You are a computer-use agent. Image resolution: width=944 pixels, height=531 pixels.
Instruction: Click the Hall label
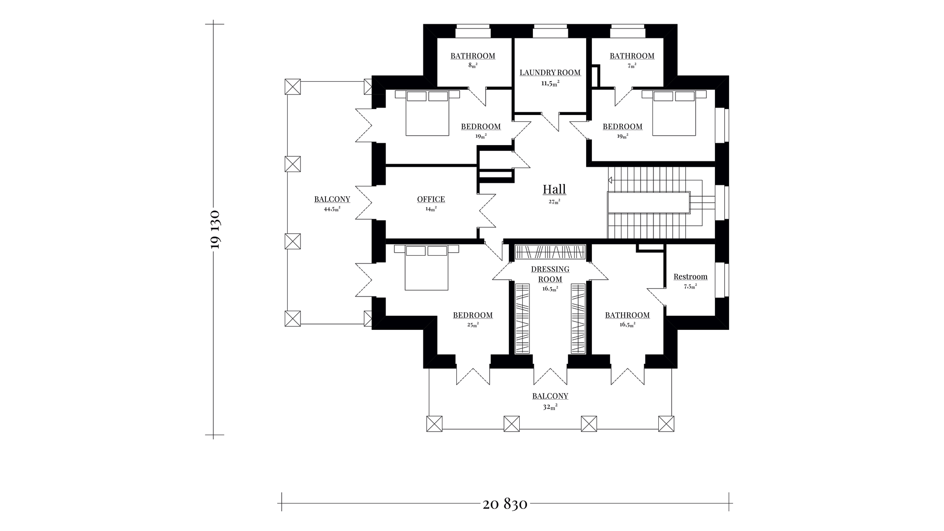[554, 189]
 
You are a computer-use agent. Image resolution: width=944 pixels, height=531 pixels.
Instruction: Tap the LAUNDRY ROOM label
[550, 73]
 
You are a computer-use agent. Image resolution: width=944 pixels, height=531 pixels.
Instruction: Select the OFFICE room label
[431, 199]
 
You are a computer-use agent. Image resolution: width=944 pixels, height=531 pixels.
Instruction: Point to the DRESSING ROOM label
[550, 274]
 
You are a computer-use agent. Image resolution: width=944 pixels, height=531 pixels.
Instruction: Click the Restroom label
[690, 277]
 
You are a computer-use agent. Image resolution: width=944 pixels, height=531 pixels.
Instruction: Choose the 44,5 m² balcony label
[332, 200]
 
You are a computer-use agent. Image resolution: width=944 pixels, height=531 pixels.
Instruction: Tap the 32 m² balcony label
[550, 396]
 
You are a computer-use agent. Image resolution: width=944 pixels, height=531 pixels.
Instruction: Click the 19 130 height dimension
[215, 230]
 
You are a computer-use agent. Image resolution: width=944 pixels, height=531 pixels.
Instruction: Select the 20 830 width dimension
[505, 504]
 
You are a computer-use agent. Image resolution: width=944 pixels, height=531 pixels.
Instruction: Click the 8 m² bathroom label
[473, 56]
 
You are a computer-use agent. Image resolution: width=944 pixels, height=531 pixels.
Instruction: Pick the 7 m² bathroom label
[632, 56]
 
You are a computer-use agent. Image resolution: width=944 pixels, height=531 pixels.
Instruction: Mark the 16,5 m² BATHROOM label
[627, 315]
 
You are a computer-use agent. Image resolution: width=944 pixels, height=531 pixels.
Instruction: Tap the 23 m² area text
[472, 324]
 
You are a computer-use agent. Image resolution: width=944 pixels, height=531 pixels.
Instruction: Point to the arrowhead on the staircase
[611, 180]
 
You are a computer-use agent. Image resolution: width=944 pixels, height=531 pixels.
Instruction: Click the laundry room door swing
[550, 121]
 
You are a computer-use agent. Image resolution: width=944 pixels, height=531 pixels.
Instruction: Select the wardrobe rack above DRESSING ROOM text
[550, 252]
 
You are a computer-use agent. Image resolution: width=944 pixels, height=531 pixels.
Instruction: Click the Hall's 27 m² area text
[554, 201]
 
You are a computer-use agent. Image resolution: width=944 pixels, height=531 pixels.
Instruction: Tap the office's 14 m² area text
[431, 208]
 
